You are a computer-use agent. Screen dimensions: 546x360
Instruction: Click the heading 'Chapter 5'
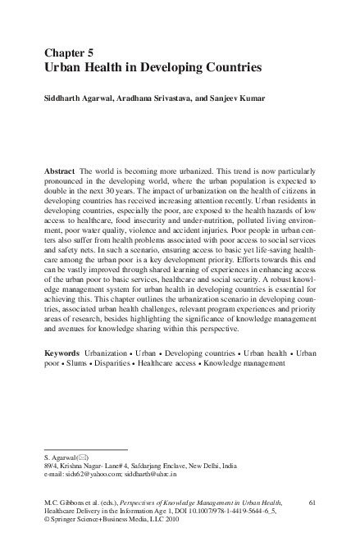[71, 51]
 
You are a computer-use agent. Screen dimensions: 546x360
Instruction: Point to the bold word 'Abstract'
[62, 166]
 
